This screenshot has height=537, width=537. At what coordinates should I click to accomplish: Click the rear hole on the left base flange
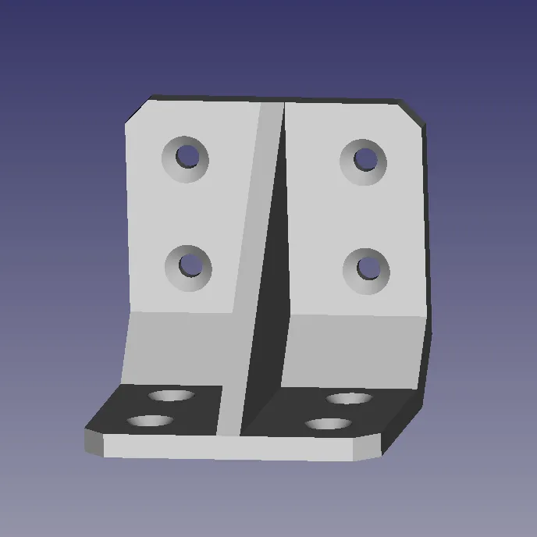click(172, 396)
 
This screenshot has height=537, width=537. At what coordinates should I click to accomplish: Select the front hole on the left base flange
click(151, 421)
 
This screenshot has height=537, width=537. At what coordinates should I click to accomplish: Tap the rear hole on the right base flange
click(348, 399)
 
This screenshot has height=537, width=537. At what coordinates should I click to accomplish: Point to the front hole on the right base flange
click(328, 425)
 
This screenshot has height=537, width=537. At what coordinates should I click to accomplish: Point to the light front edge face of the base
click(234, 447)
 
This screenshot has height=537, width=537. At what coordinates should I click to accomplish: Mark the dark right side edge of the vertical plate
click(426, 234)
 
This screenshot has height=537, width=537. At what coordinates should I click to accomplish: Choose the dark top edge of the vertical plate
click(281, 99)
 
